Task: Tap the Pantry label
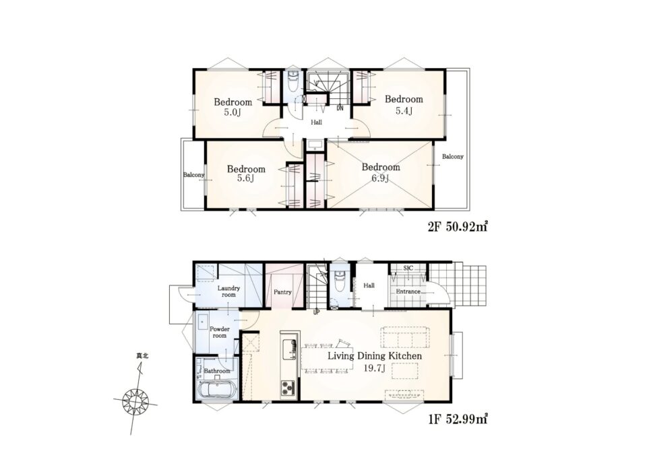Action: (x=282, y=291)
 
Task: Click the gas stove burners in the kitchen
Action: (x=288, y=388)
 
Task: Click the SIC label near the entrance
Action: (x=408, y=269)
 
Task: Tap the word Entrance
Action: (x=408, y=291)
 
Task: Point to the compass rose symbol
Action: (x=135, y=399)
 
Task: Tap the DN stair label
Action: (x=340, y=109)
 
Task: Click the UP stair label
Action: (x=317, y=312)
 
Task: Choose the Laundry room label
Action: (x=228, y=291)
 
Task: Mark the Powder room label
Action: (x=220, y=332)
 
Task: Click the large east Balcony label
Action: (x=453, y=157)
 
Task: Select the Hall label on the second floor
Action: (x=317, y=122)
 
